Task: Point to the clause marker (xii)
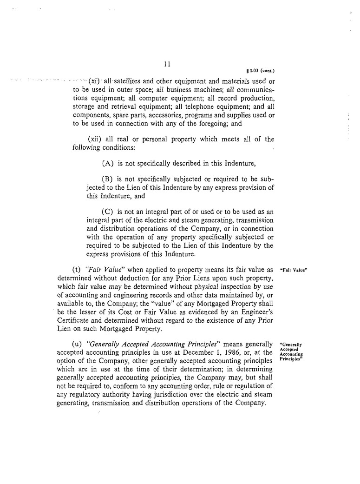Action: (95, 139)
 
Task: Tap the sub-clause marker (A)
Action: (108, 163)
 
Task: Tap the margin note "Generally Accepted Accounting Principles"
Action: (291, 352)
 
